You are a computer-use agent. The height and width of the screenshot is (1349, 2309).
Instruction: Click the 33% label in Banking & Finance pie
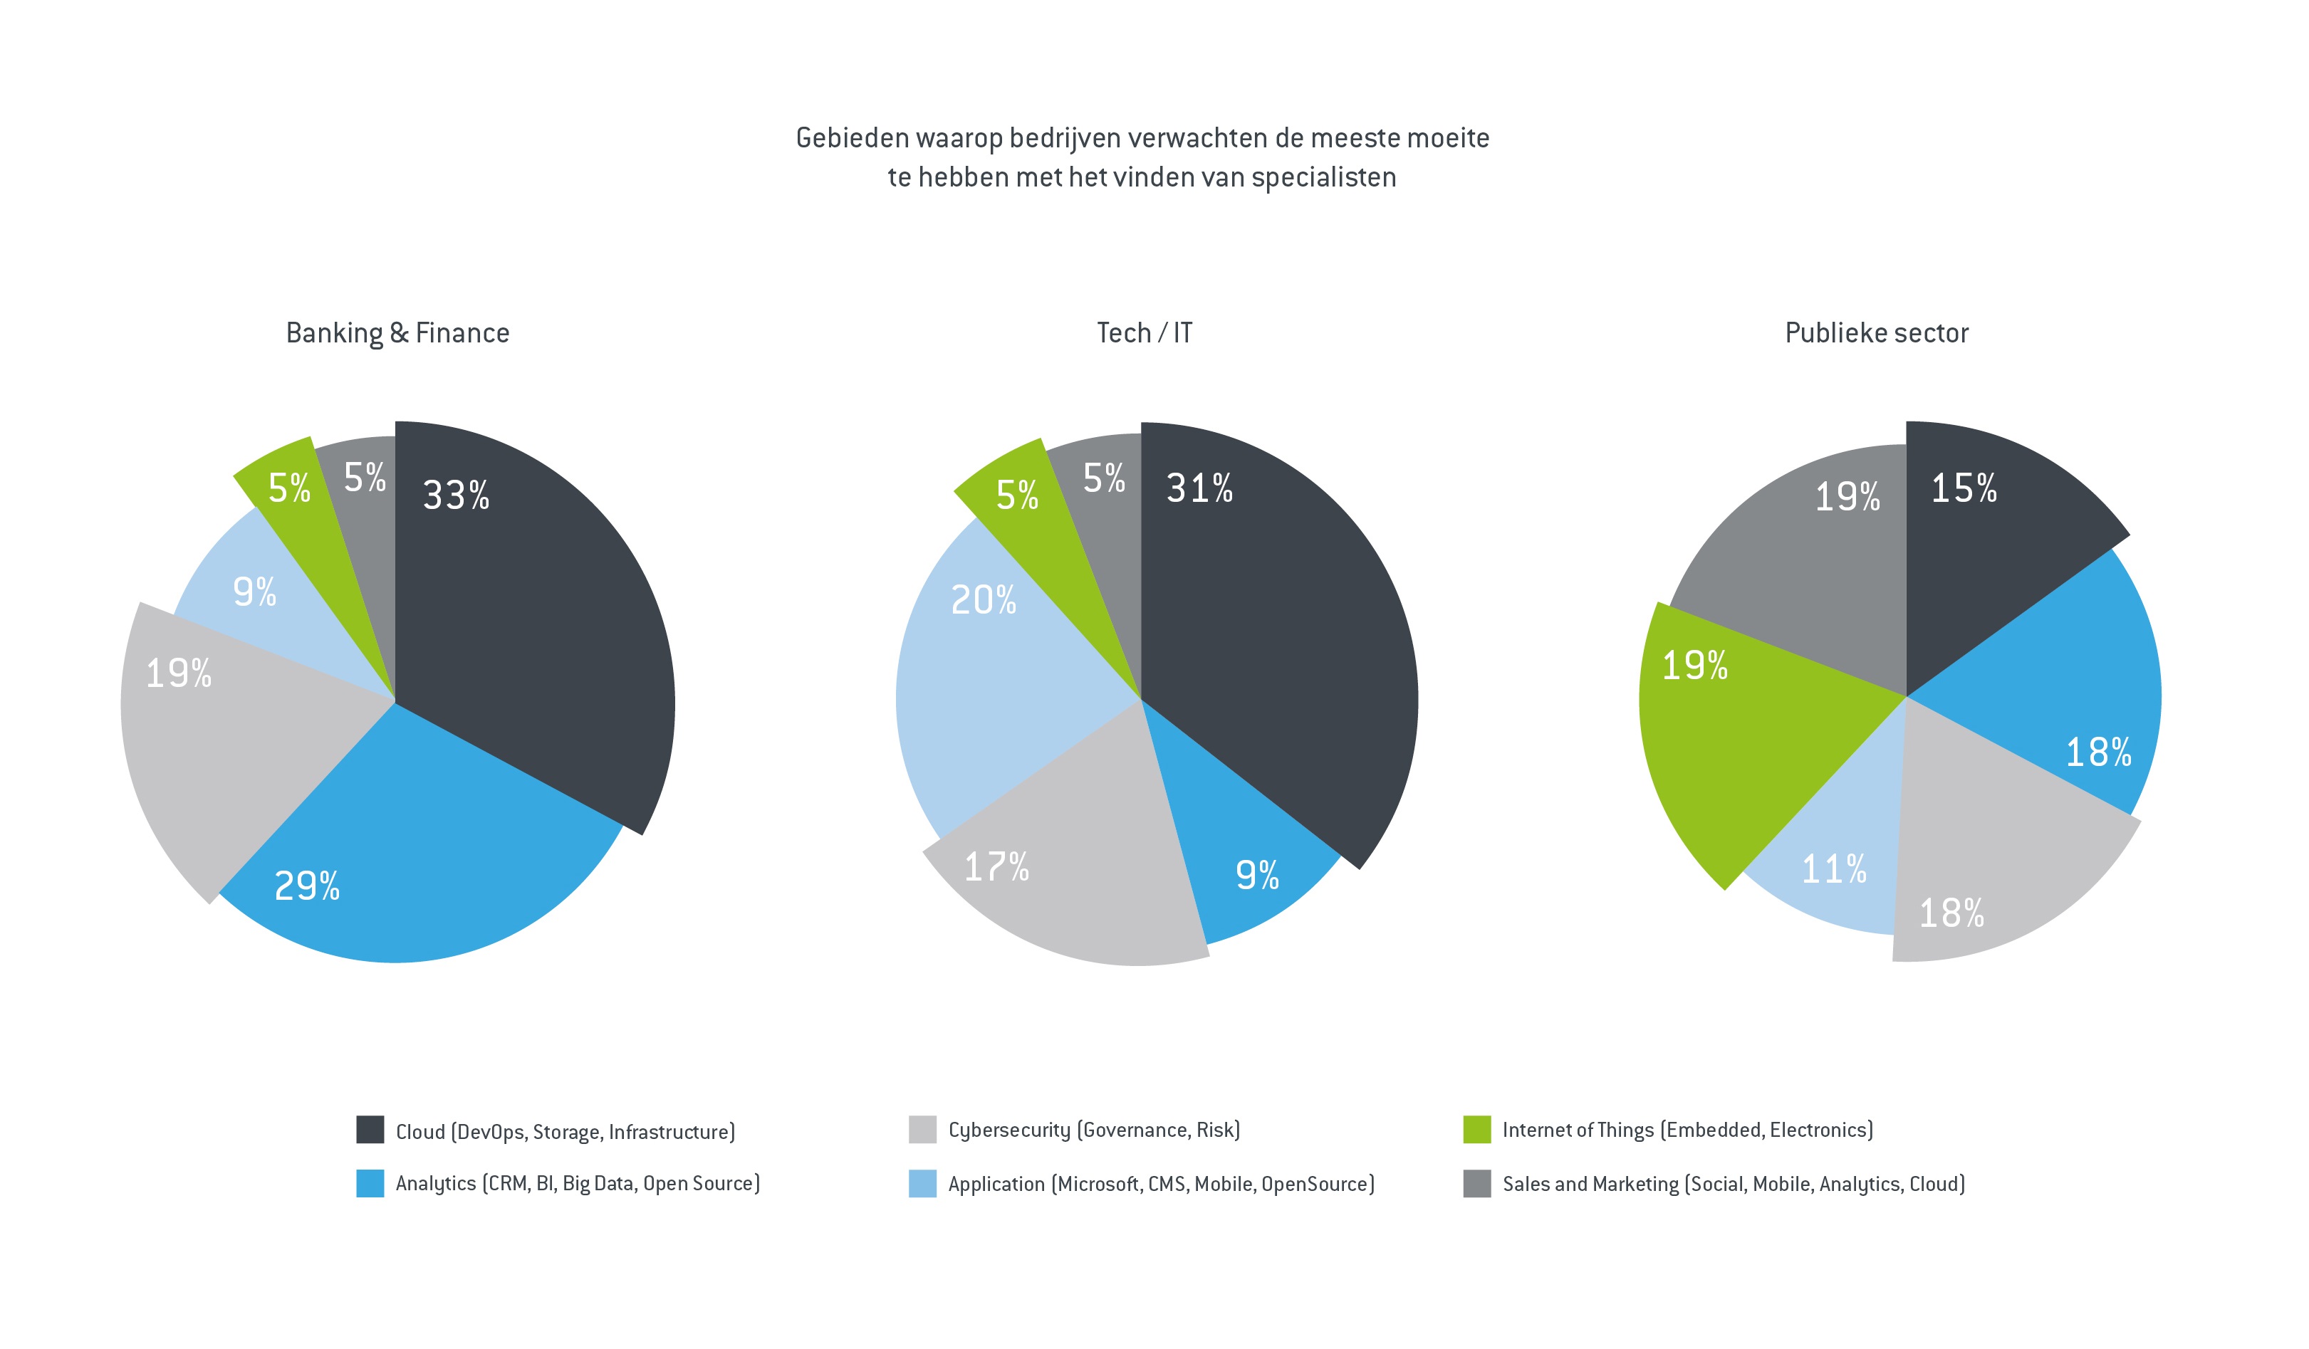coord(455,495)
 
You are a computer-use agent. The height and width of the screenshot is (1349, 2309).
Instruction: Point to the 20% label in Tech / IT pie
coord(983,601)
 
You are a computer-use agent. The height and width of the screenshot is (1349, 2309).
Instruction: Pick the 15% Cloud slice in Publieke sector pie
coord(1989,550)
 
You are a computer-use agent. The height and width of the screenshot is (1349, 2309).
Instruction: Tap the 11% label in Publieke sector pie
coord(1833,869)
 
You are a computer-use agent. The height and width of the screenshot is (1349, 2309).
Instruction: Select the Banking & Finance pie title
coord(397,332)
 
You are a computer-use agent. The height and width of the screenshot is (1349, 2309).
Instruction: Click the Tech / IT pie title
coord(1145,332)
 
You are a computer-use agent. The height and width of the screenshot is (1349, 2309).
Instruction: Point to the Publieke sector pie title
coord(1877,332)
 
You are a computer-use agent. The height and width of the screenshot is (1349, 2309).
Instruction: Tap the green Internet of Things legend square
coord(1477,1129)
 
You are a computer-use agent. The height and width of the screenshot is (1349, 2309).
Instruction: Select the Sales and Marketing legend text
coord(1734,1184)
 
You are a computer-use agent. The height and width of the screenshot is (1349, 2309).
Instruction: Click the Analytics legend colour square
coord(370,1183)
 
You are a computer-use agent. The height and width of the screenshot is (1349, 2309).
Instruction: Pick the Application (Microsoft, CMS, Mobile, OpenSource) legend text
coord(1161,1184)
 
